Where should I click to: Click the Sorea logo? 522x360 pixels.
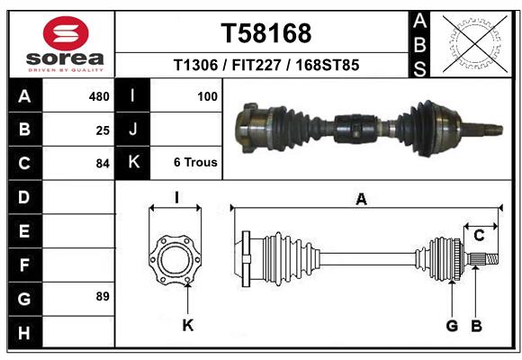[x=66, y=44]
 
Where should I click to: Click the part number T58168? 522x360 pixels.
[x=266, y=33]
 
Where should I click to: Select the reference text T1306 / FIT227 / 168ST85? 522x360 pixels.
[x=266, y=65]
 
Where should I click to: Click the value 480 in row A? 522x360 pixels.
[x=99, y=94]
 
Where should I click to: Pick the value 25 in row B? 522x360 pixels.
[x=103, y=130]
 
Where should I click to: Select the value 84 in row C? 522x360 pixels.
[x=103, y=164]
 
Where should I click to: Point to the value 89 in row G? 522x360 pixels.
[x=103, y=296]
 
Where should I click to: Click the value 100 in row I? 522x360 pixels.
[x=207, y=94]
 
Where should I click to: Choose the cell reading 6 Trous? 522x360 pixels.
[x=195, y=163]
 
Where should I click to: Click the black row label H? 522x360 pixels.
[x=24, y=332]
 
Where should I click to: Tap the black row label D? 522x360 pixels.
[x=24, y=196]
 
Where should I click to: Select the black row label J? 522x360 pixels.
[x=133, y=130]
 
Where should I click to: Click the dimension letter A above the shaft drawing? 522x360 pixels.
[x=362, y=200]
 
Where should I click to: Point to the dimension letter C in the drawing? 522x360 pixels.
[x=480, y=236]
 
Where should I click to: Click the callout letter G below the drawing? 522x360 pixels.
[x=453, y=326]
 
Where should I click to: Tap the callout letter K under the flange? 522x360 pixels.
[x=188, y=326]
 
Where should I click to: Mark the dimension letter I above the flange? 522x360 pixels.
[x=176, y=197]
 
